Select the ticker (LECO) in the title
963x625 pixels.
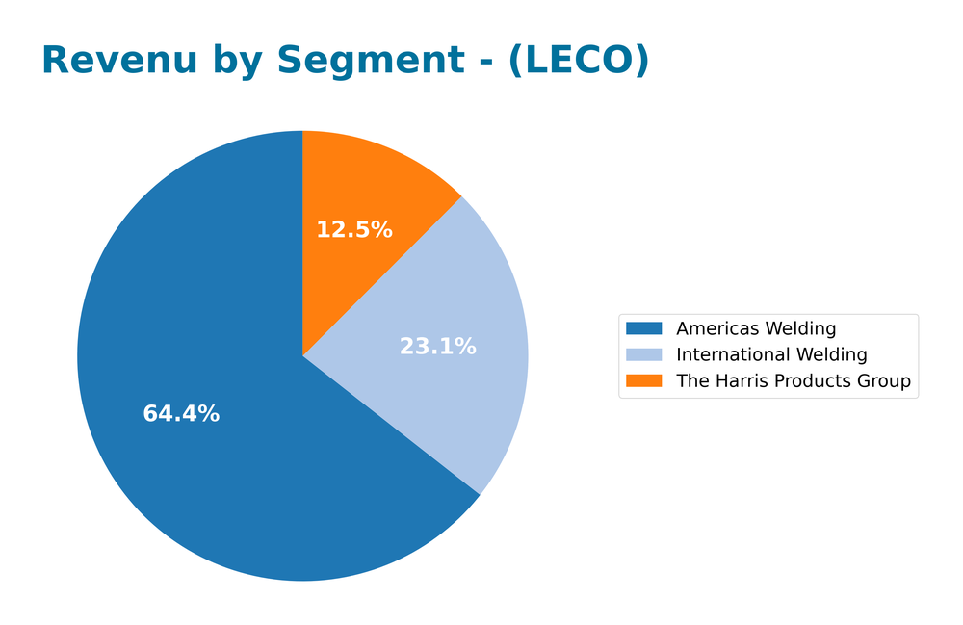pyautogui.click(x=578, y=61)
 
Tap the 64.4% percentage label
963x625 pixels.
pyautogui.click(x=181, y=414)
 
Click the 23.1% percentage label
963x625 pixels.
pyautogui.click(x=437, y=347)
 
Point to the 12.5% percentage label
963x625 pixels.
pyautogui.click(x=354, y=230)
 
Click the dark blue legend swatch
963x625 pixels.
pyautogui.click(x=644, y=329)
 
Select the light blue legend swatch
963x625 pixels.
pyautogui.click(x=644, y=355)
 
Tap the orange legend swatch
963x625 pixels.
pyautogui.click(x=644, y=381)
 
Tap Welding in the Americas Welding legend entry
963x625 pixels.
pyautogui.click(x=798, y=329)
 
